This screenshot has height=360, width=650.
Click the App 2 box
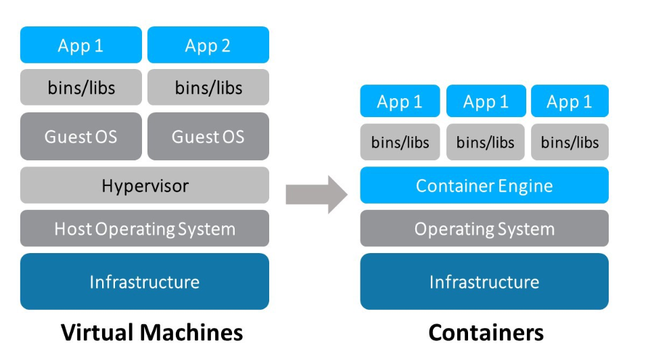208,45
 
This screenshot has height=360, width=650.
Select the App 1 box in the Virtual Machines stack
80,45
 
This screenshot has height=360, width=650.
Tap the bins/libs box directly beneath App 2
208,87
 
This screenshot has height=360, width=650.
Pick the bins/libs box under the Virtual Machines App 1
80,87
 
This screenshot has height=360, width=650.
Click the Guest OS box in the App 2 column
208,137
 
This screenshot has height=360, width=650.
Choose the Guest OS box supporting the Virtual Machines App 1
80,137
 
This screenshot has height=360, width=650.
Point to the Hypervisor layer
144,185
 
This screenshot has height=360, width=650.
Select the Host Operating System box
144,229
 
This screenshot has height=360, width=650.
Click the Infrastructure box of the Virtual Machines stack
144,282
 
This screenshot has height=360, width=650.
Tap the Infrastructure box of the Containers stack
484,282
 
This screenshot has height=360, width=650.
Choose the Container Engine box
484,185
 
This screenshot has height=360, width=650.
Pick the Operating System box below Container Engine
484,229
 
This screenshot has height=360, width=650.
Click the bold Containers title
485,332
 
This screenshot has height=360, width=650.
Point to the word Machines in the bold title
191,332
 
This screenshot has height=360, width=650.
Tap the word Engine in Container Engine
528,186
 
